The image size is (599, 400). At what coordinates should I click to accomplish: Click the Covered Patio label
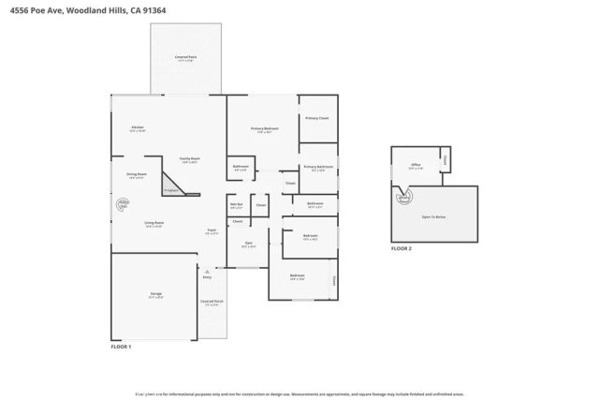(x=184, y=58)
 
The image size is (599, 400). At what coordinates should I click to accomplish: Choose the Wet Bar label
(x=236, y=205)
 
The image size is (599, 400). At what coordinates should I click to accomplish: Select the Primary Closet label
(x=316, y=118)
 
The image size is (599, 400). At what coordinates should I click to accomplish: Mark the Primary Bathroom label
(x=317, y=168)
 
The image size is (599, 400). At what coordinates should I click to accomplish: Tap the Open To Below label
(x=434, y=216)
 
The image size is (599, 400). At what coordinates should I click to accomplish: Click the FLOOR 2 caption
(x=401, y=248)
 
